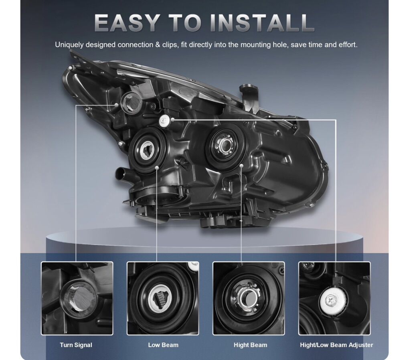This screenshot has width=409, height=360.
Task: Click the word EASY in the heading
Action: pos(126,23)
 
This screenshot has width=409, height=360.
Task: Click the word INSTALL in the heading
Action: pos(262,23)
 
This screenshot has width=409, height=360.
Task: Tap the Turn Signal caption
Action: pos(76,345)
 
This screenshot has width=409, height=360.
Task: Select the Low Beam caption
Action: pos(163,345)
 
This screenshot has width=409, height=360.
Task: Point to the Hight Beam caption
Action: pos(250,345)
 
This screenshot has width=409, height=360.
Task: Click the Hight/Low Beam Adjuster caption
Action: pos(336,345)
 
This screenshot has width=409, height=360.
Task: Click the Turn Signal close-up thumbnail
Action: pos(77,298)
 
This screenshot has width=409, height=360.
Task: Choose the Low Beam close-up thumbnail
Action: pos(163,298)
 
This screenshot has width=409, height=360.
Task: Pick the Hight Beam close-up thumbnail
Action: pos(249,298)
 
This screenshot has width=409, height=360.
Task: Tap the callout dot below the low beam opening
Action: pos(157,167)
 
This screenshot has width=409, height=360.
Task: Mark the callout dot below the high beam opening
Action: pos(241,166)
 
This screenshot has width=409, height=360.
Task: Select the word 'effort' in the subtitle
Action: pos(347,45)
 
